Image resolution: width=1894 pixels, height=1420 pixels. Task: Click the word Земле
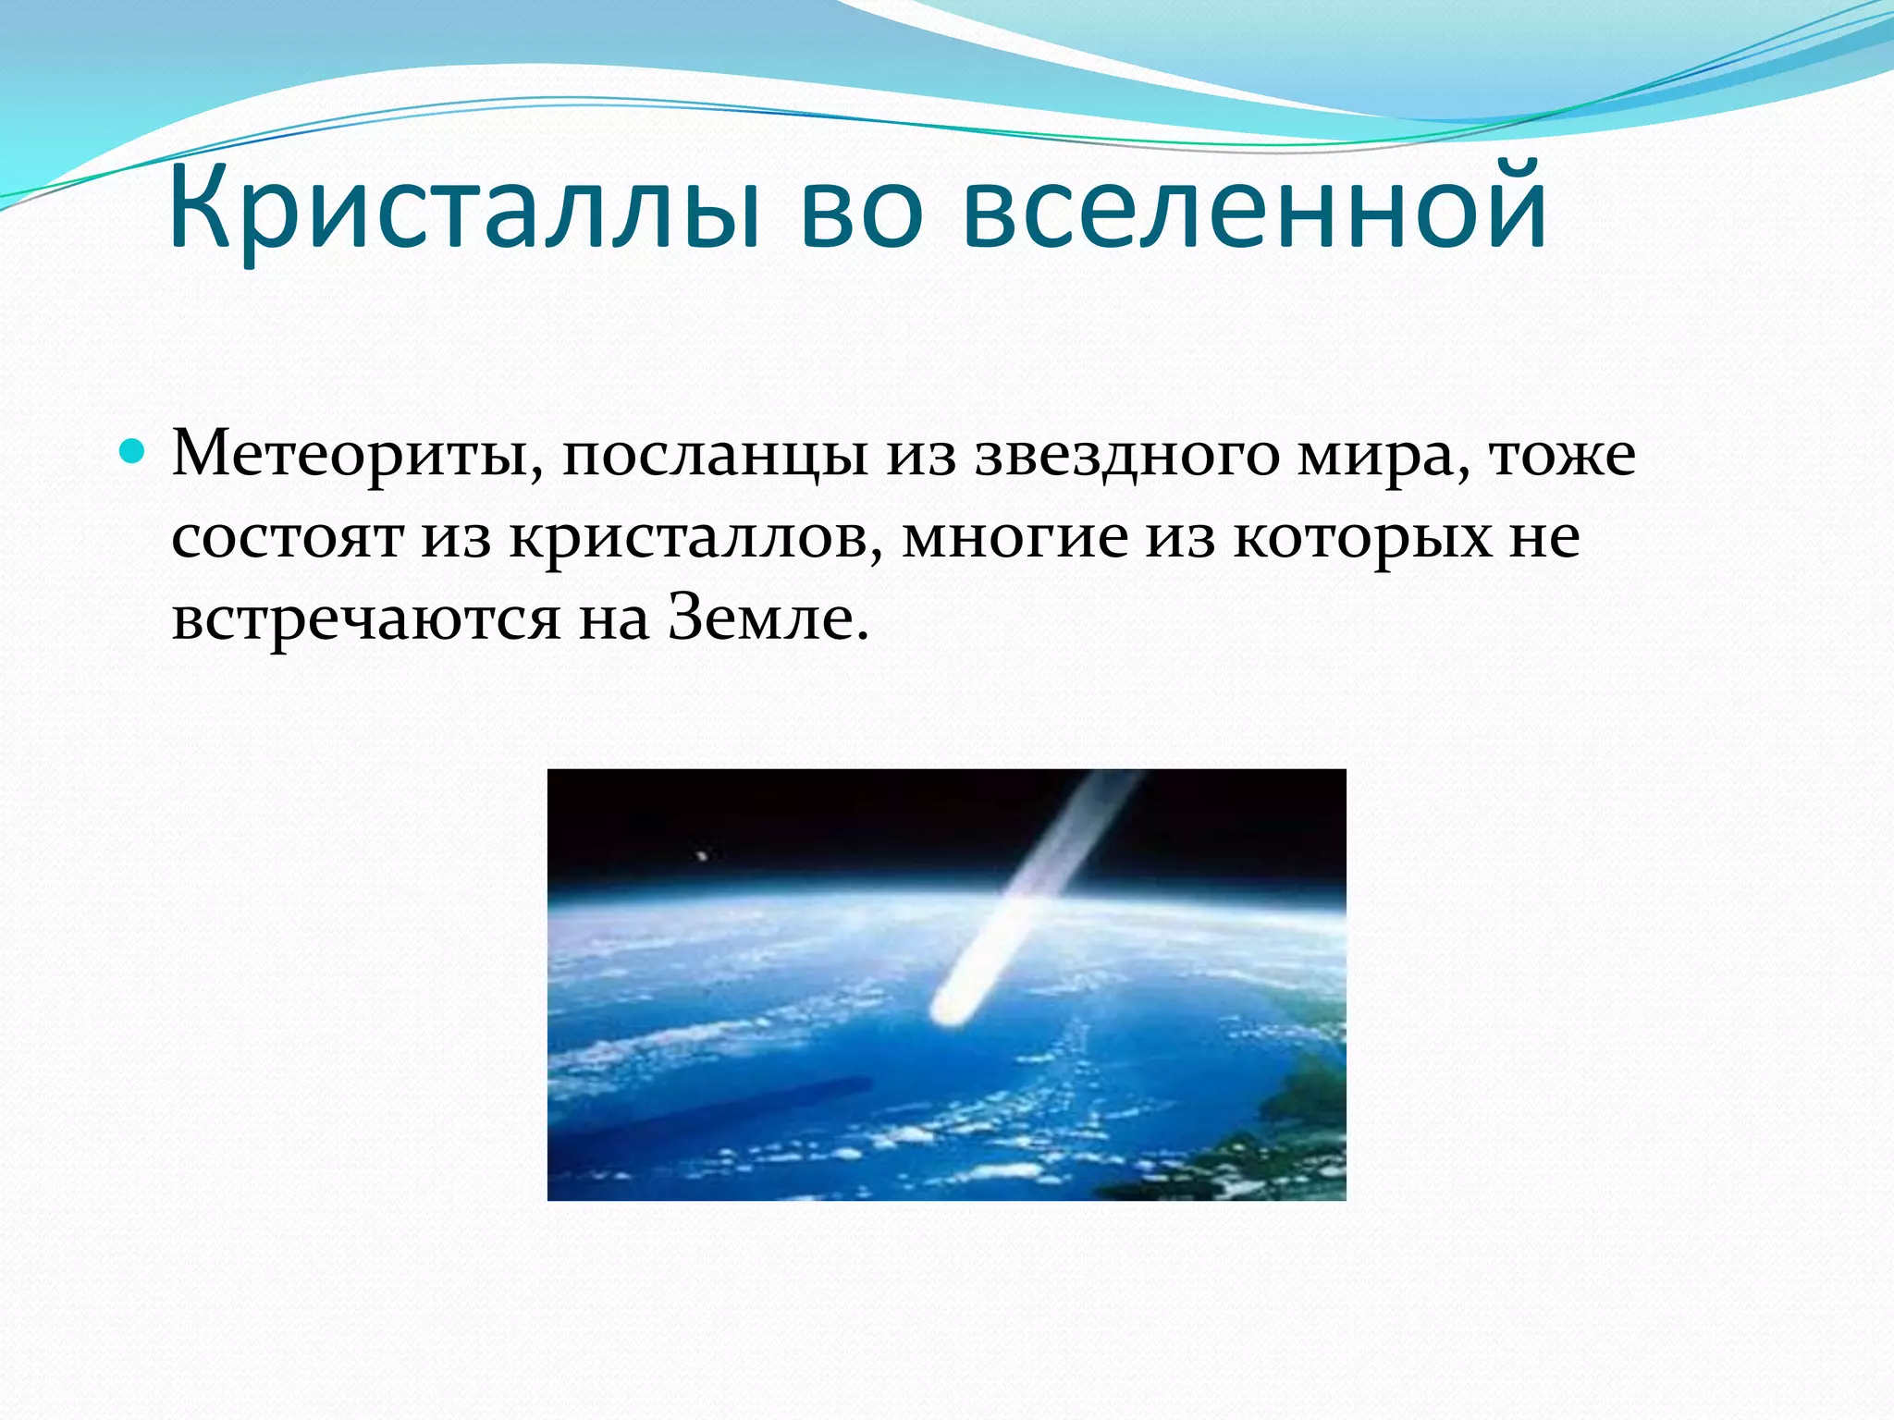(769, 618)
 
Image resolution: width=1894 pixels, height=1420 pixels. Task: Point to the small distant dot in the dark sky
(702, 856)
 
